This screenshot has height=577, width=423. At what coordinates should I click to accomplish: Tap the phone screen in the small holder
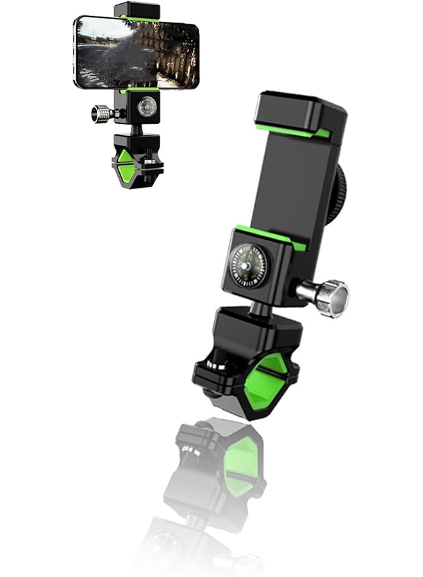[x=137, y=52]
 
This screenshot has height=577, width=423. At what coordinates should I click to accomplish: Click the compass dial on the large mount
[x=249, y=265]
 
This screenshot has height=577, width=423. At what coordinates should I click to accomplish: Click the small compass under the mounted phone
[x=147, y=106]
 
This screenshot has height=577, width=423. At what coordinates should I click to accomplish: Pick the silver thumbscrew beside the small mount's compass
[x=101, y=114]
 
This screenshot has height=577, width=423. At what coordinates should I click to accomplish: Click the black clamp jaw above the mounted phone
[x=137, y=10]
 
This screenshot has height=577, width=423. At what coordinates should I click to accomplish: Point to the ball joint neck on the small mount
[x=137, y=128]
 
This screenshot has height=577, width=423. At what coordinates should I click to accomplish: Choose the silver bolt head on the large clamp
[x=218, y=364]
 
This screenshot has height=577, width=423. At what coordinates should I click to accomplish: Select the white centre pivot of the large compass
[x=249, y=265]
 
